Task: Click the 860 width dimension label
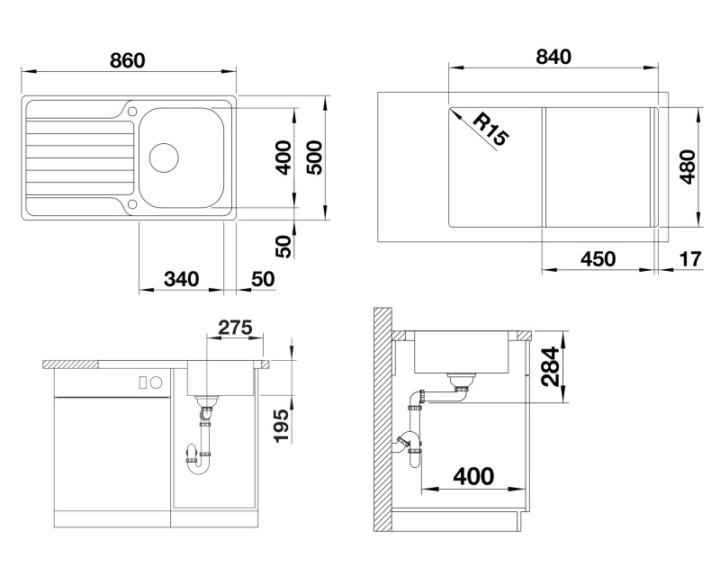pyautogui.click(x=127, y=60)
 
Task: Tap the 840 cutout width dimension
pyautogui.click(x=553, y=57)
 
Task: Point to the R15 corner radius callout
pyautogui.click(x=490, y=130)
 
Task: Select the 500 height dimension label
pyautogui.click(x=316, y=157)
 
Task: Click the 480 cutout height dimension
pyautogui.click(x=688, y=166)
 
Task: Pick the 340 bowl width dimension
pyautogui.click(x=182, y=279)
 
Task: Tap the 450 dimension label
pyautogui.click(x=598, y=259)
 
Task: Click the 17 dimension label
pyautogui.click(x=690, y=259)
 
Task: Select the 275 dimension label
pyautogui.click(x=235, y=328)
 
